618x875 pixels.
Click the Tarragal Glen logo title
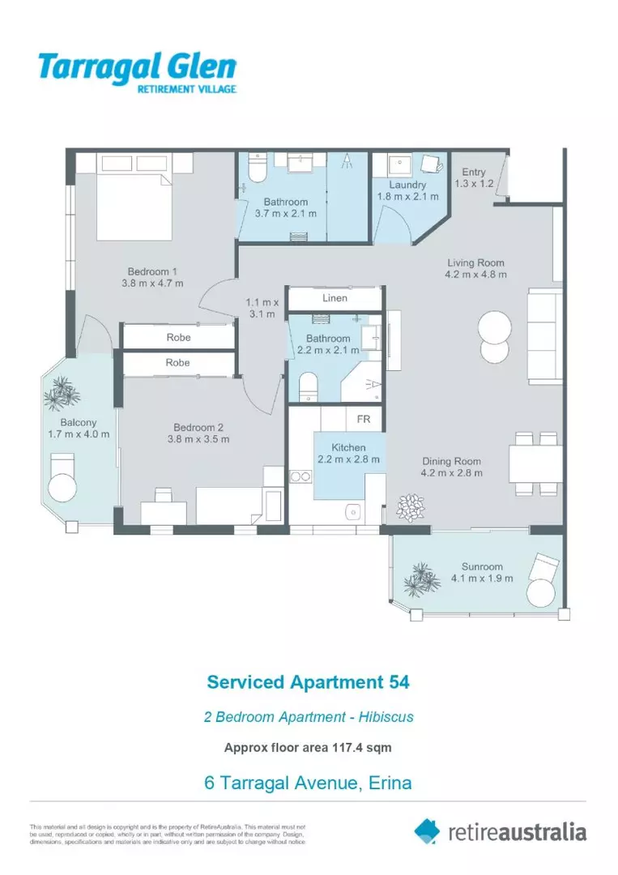coord(137,66)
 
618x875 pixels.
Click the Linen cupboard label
coord(335,298)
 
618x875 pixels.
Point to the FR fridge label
coord(363,420)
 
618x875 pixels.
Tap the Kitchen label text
coord(348,447)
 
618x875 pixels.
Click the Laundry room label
coord(407,186)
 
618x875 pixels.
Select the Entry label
coord(474,172)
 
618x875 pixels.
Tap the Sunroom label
coord(482,566)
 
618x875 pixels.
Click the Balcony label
coord(78,422)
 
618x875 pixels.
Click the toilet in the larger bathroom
coord(255,169)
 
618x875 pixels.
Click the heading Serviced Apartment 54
coord(309,682)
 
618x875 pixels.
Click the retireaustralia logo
coord(500,831)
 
